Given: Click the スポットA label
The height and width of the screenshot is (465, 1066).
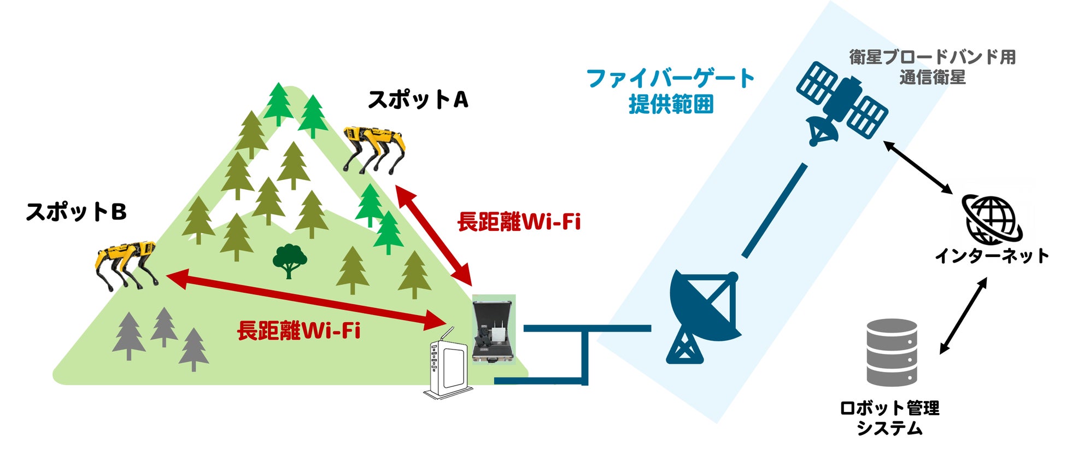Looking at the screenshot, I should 418,100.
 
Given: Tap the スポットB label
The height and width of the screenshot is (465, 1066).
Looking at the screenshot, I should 77,212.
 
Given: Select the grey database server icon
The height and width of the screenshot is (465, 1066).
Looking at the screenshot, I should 892,353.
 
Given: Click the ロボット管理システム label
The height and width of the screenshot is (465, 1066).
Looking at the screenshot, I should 889,417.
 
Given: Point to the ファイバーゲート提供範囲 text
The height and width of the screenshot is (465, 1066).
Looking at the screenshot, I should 671,91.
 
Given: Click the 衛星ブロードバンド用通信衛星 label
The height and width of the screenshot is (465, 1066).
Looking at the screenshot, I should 933,67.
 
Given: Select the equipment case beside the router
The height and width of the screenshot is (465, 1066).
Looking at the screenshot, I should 494,330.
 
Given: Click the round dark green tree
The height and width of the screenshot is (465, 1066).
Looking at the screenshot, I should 289,260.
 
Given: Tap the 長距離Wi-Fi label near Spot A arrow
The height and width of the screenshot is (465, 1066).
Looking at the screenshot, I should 519,222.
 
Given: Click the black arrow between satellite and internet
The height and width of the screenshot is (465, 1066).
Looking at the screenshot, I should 918,167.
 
